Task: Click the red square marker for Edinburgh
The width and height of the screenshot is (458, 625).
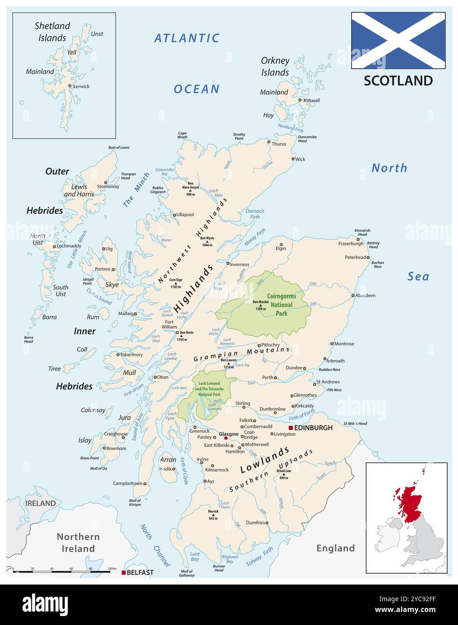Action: [x=291, y=428]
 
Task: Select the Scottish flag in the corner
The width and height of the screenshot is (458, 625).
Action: [x=398, y=40]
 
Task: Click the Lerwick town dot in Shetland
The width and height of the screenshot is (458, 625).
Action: [x=70, y=86]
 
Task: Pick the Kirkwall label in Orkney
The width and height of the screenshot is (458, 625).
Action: [x=312, y=100]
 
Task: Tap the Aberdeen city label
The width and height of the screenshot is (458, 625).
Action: [x=365, y=295]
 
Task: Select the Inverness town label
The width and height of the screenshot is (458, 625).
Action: [x=239, y=264]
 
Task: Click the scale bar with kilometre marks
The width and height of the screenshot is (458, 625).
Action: [x=62, y=571]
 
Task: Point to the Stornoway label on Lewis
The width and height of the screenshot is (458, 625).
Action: [x=108, y=187]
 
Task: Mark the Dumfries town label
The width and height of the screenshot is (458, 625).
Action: [x=255, y=522]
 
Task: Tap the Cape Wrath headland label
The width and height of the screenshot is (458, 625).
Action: [x=182, y=135]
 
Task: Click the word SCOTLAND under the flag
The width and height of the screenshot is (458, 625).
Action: [x=398, y=80]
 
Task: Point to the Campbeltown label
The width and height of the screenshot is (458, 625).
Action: [x=128, y=483]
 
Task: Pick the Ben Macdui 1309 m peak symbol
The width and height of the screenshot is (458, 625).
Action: [x=260, y=305]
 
